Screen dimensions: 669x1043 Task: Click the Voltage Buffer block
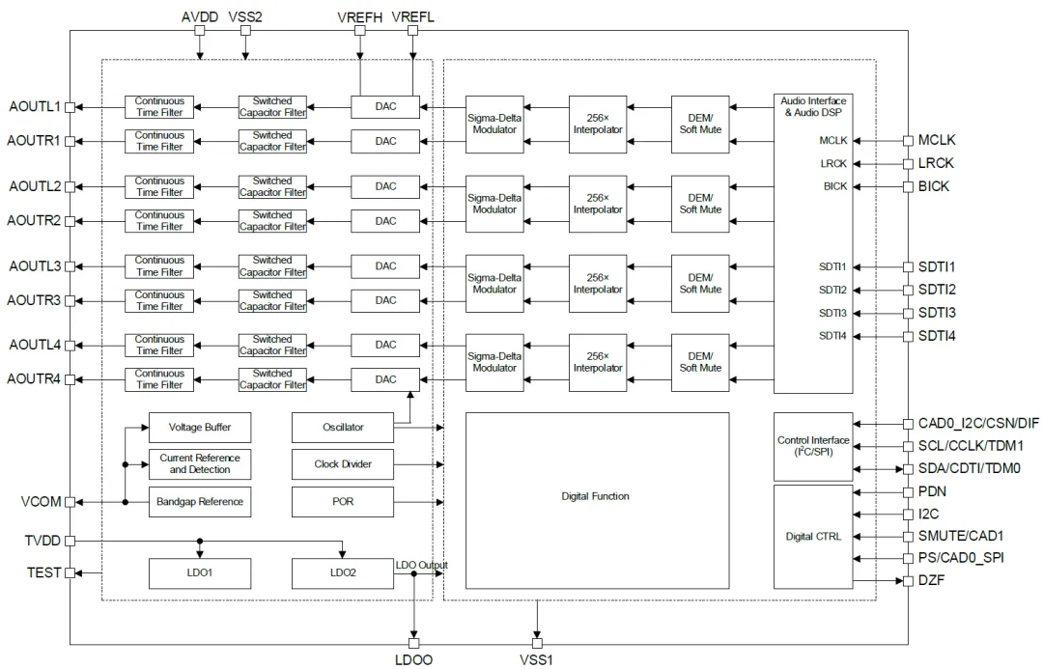point(199,427)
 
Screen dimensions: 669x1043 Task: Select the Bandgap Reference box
point(199,502)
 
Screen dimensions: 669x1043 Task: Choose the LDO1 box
point(199,573)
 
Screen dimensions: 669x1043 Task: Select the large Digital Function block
point(596,497)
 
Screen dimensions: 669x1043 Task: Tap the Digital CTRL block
point(812,537)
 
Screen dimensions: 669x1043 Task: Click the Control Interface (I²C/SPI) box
point(812,446)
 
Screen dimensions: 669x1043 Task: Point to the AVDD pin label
point(200,17)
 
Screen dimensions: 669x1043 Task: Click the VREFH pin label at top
point(360,17)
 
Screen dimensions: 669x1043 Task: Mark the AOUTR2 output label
point(35,221)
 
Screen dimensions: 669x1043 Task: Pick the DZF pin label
point(932,580)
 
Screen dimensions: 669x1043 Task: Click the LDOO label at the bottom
point(413,660)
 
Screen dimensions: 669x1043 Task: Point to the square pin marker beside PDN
point(907,491)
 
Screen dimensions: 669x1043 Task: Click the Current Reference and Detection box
point(199,464)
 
